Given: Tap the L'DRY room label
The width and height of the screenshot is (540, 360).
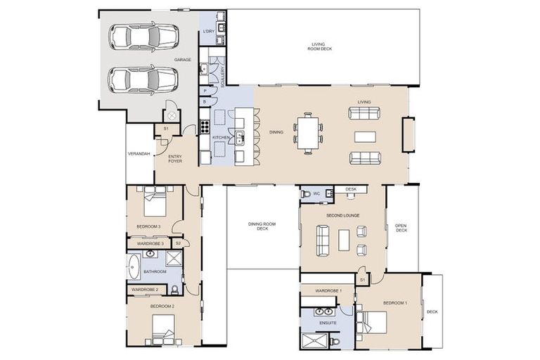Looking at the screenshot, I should click(208, 32).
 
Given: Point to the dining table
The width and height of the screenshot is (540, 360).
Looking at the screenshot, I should click(308, 131).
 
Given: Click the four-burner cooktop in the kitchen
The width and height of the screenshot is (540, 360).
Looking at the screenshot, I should click(205, 127).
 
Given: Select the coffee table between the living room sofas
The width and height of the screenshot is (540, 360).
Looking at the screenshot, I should click(365, 136).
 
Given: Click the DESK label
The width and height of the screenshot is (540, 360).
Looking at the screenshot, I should click(351, 189).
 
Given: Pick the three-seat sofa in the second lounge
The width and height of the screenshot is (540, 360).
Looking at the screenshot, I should click(323, 240).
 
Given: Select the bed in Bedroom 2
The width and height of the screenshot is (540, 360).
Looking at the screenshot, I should click(163, 327).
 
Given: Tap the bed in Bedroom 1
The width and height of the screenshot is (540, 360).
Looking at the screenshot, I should click(370, 323).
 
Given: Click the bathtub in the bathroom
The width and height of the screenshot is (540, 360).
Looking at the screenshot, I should click(134, 267).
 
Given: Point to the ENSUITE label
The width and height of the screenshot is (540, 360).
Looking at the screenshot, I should click(328, 323).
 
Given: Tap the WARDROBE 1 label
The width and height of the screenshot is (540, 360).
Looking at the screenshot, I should click(328, 290).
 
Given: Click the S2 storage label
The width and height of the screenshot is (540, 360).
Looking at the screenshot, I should click(179, 243).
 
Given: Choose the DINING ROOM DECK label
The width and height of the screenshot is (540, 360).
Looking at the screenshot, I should click(262, 226).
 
